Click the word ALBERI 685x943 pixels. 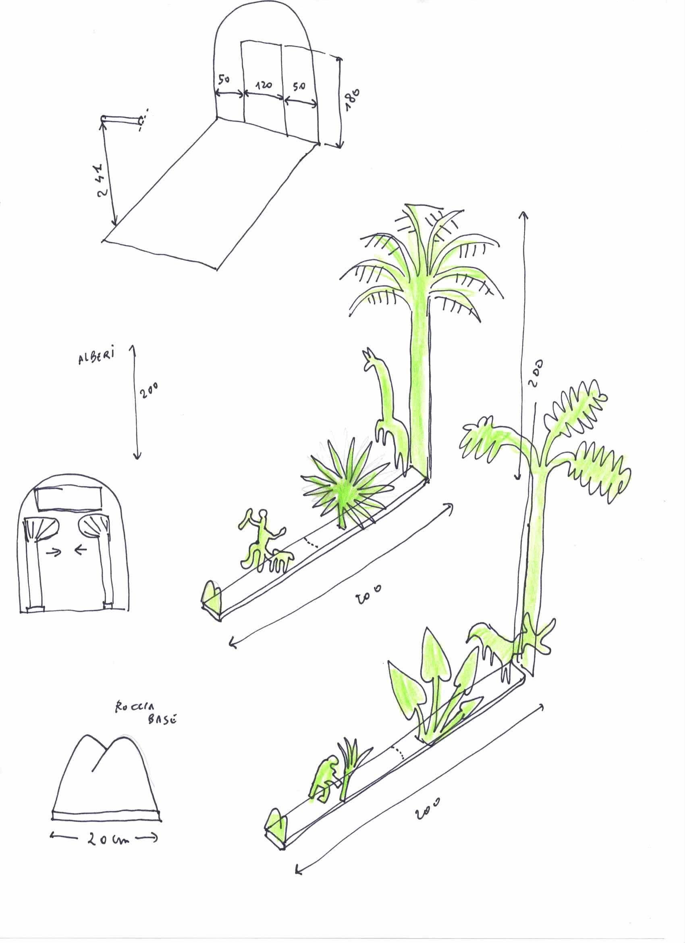(96, 356)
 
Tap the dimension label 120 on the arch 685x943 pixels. (264, 86)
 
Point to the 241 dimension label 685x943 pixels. (102, 180)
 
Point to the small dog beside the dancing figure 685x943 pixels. (281, 560)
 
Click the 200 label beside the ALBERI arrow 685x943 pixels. (148, 391)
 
